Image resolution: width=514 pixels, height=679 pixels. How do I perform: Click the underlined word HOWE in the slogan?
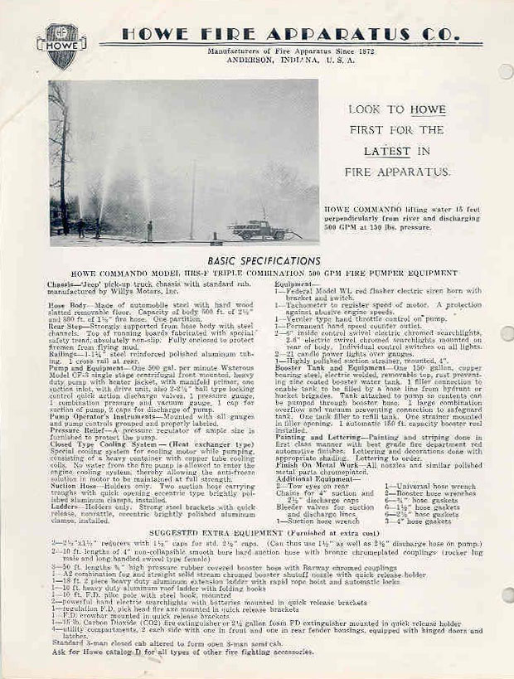[x=426, y=109]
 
